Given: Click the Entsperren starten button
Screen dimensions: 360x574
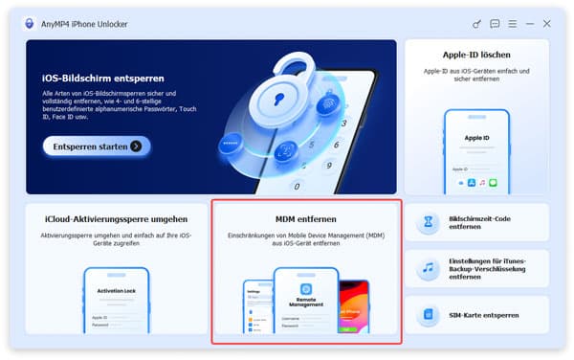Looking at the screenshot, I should (97, 146).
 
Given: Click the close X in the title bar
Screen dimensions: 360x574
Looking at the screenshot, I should (546, 23).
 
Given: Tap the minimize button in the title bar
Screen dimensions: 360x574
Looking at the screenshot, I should (529, 23).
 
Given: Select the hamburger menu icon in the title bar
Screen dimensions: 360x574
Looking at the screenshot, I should (512, 23).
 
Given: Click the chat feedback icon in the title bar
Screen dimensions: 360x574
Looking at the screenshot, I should (495, 23).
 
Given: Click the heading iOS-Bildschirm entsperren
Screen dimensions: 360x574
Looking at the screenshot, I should (103, 78).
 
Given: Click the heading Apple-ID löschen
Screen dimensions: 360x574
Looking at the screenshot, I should (476, 56).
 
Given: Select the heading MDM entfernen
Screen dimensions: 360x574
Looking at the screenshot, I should (305, 219).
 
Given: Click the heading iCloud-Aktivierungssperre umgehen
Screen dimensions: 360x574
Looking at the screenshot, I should (115, 219).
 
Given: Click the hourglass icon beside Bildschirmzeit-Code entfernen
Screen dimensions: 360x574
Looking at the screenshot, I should (429, 223).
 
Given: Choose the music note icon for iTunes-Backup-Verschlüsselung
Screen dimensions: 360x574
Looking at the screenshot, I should (429, 269).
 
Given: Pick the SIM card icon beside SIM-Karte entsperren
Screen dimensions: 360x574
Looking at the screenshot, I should (429, 314).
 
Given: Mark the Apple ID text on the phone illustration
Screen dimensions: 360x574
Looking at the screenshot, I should (475, 137).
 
